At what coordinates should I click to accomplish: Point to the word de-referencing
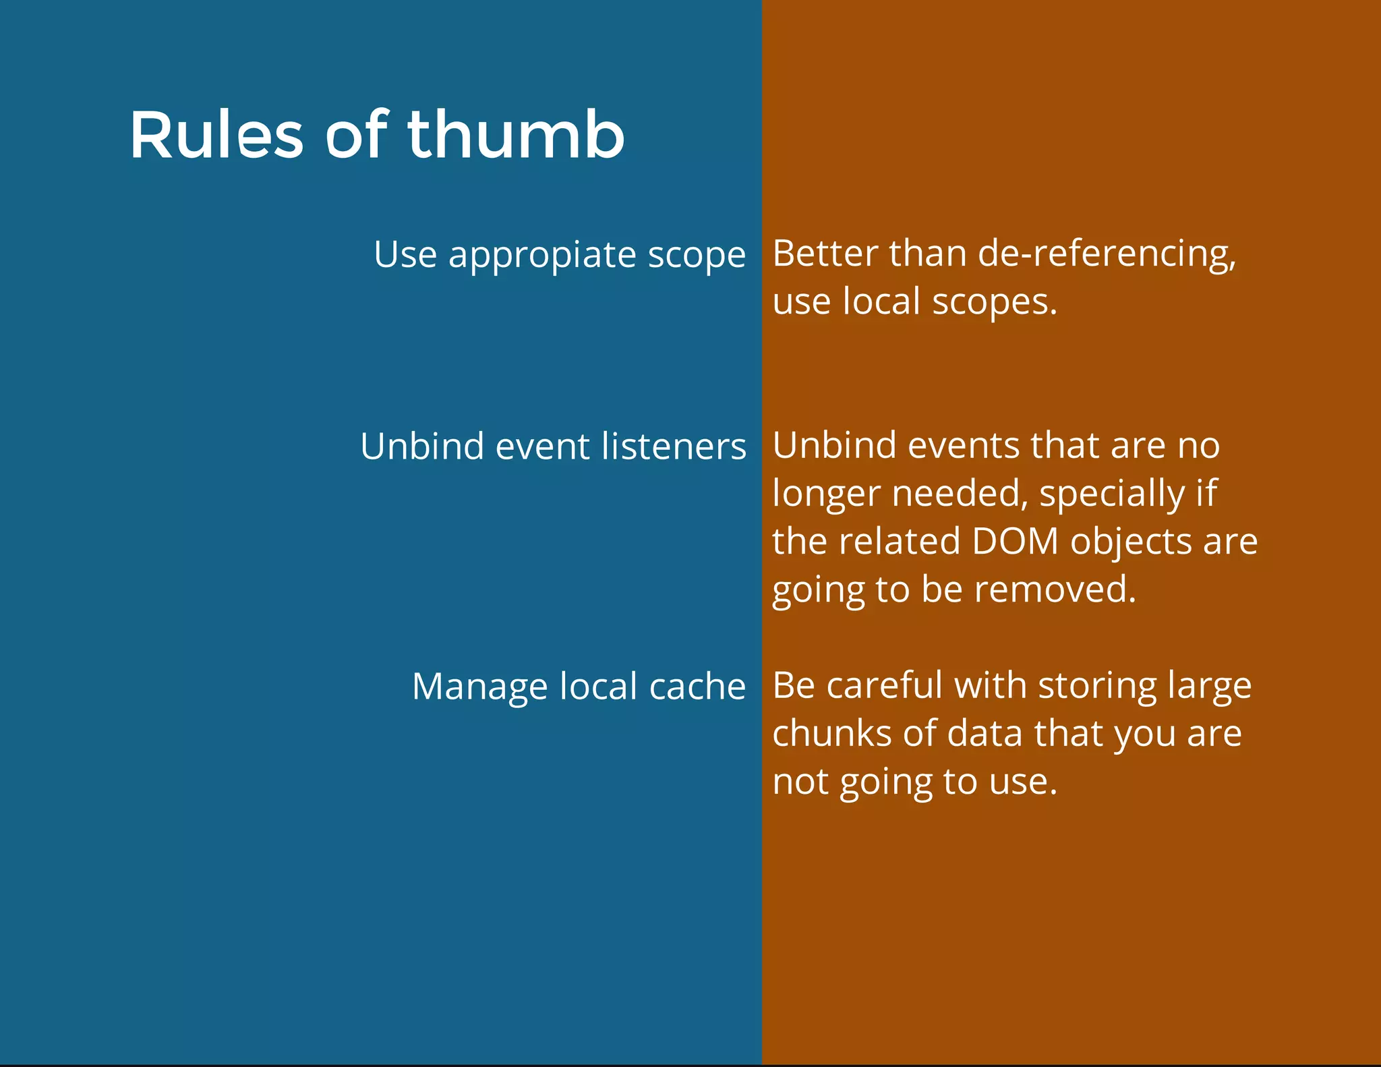(x=1106, y=255)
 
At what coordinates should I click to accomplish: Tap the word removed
(x=1055, y=589)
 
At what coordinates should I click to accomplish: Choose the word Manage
(x=479, y=687)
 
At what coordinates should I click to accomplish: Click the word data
(x=985, y=733)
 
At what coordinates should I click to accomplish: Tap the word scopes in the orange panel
(x=994, y=301)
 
